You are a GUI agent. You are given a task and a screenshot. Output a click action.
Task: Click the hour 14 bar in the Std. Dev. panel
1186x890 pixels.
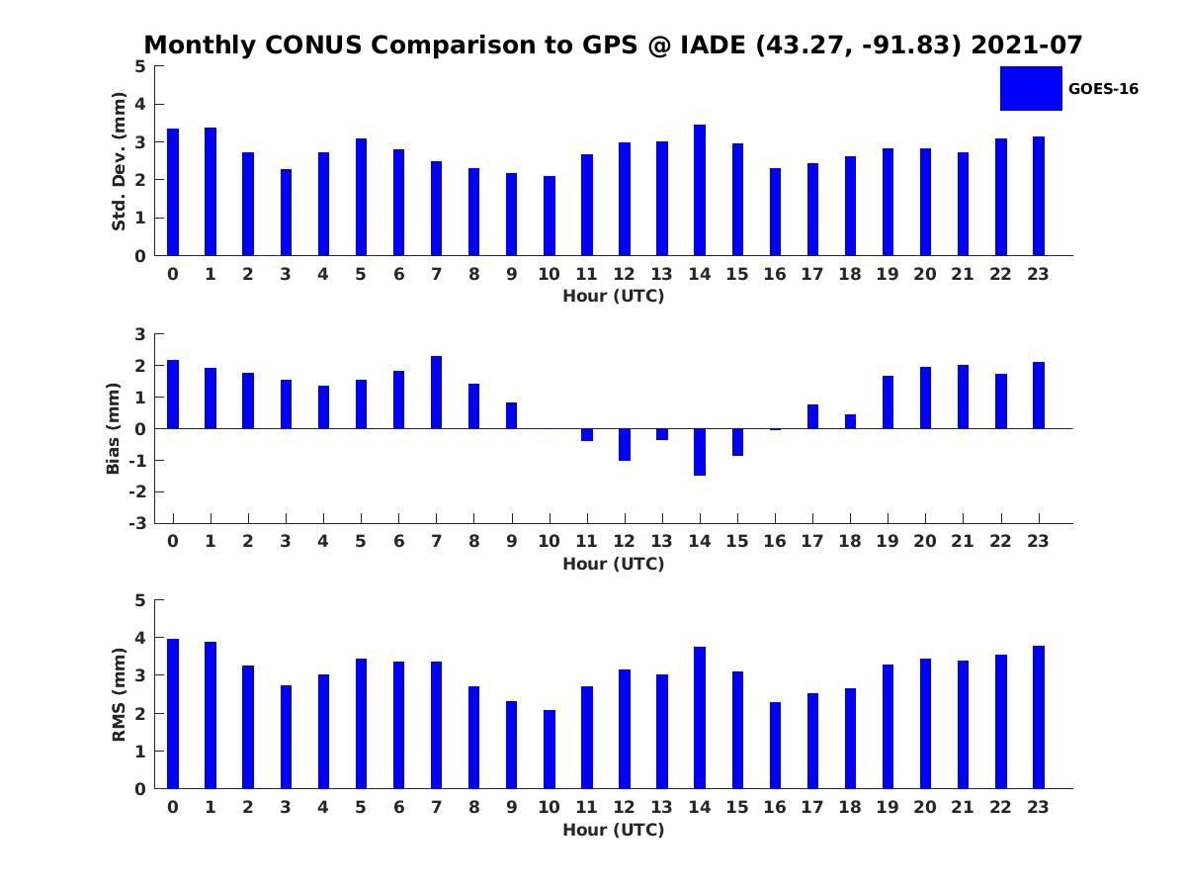699,190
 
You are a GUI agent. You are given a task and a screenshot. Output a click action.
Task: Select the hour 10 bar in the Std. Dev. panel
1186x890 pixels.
549,216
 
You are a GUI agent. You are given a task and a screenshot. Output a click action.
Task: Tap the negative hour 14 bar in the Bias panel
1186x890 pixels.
699,452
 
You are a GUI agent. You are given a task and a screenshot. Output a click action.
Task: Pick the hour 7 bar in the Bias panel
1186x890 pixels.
436,393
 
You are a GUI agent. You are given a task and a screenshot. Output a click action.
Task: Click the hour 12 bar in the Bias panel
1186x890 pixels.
624,444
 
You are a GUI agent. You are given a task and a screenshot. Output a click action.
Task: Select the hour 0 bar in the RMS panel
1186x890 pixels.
173,713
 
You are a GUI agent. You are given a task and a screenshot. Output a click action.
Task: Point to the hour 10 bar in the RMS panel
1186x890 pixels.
549,749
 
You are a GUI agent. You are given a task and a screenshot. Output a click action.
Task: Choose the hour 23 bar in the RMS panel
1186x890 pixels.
1038,717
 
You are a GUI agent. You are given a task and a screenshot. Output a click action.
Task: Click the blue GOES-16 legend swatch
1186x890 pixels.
1031,89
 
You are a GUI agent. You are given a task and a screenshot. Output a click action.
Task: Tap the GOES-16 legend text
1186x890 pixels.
1103,89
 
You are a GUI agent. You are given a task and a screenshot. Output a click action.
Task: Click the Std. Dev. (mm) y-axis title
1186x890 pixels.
119,161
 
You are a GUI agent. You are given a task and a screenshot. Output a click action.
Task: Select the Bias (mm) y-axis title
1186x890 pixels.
113,428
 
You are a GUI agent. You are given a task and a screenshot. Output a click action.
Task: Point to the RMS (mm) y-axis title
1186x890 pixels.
119,694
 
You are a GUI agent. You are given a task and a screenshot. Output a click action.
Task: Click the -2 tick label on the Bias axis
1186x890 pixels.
137,491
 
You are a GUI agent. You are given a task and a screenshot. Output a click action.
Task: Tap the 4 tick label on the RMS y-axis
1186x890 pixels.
140,638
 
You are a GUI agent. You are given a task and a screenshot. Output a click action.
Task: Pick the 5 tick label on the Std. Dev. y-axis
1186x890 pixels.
140,66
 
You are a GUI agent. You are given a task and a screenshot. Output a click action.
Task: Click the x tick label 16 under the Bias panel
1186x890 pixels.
774,541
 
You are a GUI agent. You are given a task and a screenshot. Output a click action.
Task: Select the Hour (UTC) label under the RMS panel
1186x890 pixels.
614,830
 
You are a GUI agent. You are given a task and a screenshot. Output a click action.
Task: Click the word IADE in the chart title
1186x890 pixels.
714,44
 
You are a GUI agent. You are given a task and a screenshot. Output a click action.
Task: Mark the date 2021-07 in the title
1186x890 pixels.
1027,44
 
